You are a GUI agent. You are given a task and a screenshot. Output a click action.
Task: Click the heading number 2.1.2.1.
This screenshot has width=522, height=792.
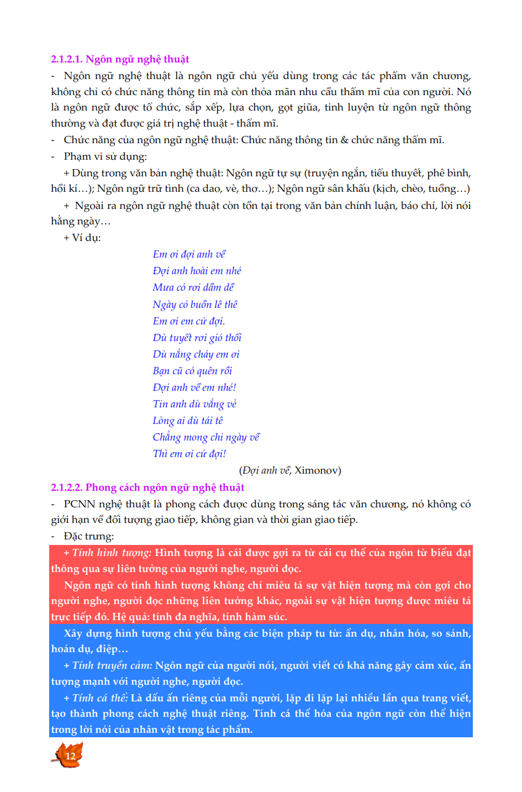tap(67, 59)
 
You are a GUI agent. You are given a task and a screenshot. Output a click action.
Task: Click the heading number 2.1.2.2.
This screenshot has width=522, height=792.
tap(67, 487)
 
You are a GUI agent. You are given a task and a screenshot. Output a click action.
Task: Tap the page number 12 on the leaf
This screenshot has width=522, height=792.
tap(70, 756)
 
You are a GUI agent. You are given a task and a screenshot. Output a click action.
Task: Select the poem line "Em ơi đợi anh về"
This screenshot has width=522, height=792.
tap(189, 254)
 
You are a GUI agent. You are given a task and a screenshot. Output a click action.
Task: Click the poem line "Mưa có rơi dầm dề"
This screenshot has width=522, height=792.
tap(193, 287)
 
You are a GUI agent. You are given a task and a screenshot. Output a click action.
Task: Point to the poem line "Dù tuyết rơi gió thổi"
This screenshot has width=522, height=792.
tap(197, 338)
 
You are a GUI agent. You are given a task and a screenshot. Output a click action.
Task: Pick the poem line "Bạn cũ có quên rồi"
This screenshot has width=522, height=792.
tap(192, 371)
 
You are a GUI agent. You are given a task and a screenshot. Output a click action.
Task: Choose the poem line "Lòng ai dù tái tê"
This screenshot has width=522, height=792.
tap(188, 421)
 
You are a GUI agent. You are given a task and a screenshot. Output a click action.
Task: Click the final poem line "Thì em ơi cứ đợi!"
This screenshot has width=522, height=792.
tap(189, 454)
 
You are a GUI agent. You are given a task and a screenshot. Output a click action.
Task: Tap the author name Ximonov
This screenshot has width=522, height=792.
tap(317, 470)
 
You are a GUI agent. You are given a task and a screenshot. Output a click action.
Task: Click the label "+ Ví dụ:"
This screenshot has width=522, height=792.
tap(82, 238)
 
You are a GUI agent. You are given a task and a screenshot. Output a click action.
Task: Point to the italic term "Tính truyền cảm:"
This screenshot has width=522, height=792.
tap(112, 665)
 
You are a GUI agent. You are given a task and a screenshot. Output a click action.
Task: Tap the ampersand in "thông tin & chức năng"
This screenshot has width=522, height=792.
tap(345, 140)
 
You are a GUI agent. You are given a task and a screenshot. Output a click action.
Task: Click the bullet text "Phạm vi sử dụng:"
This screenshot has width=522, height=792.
tap(105, 156)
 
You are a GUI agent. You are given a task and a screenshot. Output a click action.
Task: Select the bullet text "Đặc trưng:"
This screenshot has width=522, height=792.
tap(89, 536)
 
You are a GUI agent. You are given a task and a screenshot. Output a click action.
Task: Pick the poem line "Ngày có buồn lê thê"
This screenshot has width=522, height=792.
tap(195, 305)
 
